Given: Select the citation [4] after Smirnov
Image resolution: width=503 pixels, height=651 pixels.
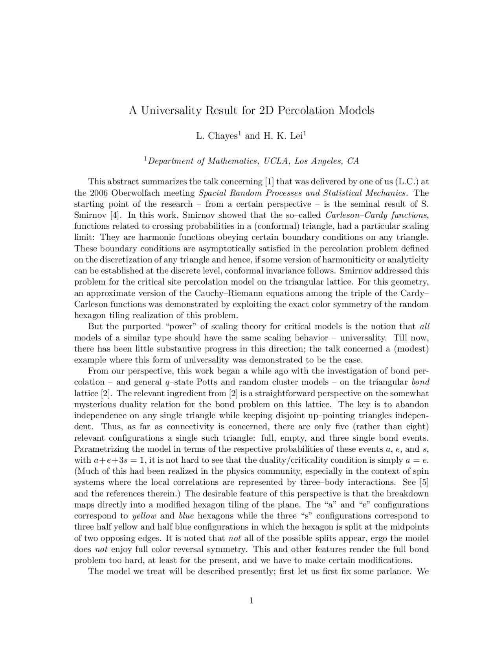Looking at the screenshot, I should coord(114,215).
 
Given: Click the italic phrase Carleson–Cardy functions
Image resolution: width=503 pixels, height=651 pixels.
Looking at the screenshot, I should coord(376,215).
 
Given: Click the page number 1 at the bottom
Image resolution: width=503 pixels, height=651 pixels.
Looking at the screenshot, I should coord(251,600).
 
